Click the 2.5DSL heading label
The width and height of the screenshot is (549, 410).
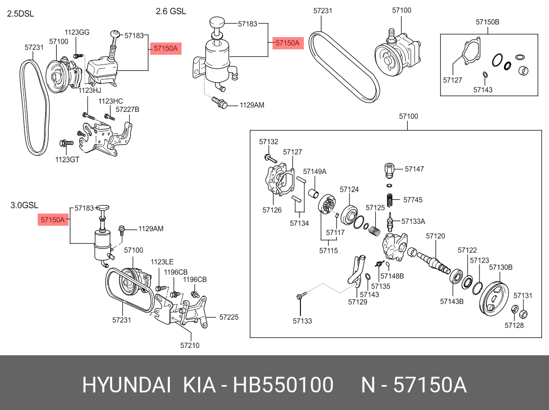pos(20,14)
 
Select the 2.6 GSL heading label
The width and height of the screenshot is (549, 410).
pos(171,11)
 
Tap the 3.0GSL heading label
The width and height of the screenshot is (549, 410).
pos(24,205)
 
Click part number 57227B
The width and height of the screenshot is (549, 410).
pos(127,109)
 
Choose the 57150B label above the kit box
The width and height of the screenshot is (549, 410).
pos(487,22)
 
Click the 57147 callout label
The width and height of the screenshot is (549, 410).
pos(414,169)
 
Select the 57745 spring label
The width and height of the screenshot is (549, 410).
pos(412,200)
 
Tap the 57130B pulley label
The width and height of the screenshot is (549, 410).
pos(501,267)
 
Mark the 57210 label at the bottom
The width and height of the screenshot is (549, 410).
pos(190,345)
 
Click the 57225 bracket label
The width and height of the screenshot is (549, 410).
pos(229,317)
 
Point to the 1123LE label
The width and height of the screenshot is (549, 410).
pos(162,262)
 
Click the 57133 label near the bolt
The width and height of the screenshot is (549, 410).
pos(302,321)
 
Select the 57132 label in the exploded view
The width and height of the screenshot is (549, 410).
pos(269,142)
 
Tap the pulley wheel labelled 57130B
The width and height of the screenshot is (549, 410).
pos(494,299)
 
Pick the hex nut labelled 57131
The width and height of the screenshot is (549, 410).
pos(522,313)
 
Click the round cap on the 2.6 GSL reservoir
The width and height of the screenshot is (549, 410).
pos(216,22)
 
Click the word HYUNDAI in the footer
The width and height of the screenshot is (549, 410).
pos(126,385)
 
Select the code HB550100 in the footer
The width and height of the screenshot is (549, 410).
pos(283,385)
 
